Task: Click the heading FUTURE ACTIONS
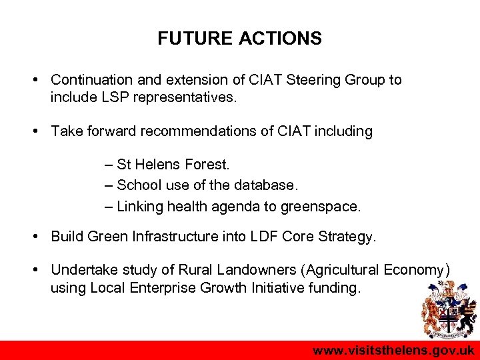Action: tap(239, 39)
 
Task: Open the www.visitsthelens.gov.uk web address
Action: tap(393, 351)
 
